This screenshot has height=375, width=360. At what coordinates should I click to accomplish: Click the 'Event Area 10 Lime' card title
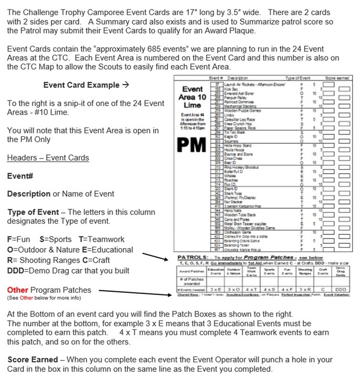(192, 97)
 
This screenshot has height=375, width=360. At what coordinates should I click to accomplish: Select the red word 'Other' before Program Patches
(18, 290)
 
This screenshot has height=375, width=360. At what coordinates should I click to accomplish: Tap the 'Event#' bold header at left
(20, 176)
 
